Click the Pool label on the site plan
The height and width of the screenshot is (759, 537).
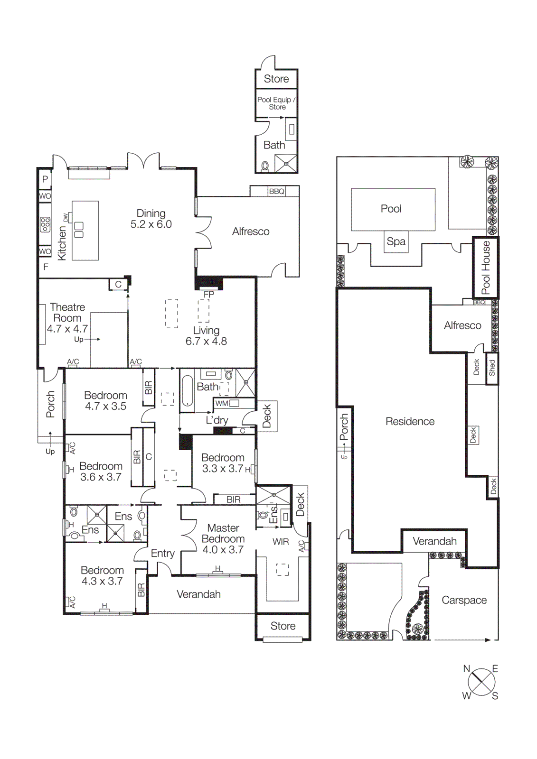coord(391,209)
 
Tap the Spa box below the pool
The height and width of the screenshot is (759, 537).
coord(396,241)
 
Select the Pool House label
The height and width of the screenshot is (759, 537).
coord(486,268)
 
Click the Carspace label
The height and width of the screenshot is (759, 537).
coord(464,600)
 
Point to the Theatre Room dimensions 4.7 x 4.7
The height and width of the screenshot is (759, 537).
coord(67,329)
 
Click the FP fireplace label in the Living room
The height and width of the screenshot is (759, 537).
coord(209,294)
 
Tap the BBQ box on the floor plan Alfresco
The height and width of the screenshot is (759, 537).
coord(276,191)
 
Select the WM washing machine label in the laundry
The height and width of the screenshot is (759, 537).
coord(222,403)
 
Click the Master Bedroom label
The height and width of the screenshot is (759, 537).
coord(223,533)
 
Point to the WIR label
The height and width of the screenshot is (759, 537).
coord(281,542)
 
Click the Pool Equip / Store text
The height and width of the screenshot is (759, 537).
coord(276,103)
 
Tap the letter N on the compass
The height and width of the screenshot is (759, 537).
coord(466,669)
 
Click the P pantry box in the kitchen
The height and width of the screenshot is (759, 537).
coord(45,179)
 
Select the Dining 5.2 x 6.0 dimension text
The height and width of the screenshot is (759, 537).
coord(151,224)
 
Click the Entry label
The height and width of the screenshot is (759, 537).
coord(163,553)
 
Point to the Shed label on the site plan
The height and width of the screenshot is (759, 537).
coord(492,368)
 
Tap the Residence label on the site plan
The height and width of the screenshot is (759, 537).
coord(410,421)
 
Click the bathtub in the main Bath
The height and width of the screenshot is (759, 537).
coord(188,391)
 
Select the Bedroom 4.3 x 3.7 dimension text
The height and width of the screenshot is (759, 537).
coord(102,581)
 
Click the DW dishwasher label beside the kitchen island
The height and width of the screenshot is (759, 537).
coord(66,217)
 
